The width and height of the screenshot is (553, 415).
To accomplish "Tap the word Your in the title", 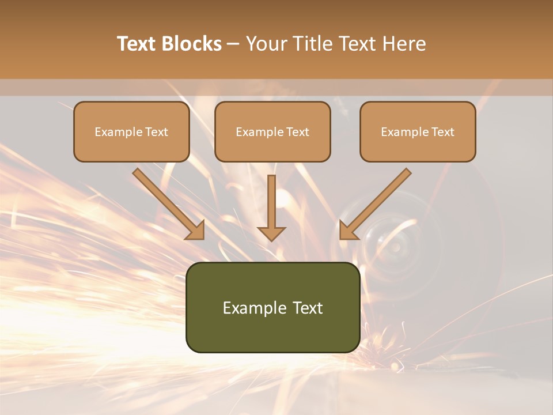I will pos(267,44).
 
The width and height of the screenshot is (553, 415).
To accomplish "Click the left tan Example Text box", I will pos(131,132).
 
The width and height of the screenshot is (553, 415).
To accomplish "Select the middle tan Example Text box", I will pos(272,132).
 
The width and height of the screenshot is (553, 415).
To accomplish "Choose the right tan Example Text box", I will pos(418,132).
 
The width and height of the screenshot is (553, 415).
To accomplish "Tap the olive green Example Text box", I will pos(272,308).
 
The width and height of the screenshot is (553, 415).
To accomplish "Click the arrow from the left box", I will pos(168,204).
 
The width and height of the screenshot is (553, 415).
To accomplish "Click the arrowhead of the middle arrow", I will pos(271,233).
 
